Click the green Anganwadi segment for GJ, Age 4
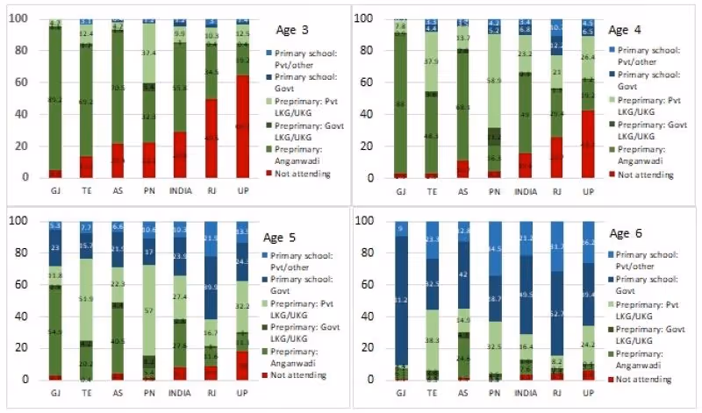[401, 103]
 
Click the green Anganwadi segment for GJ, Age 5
[55, 332]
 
